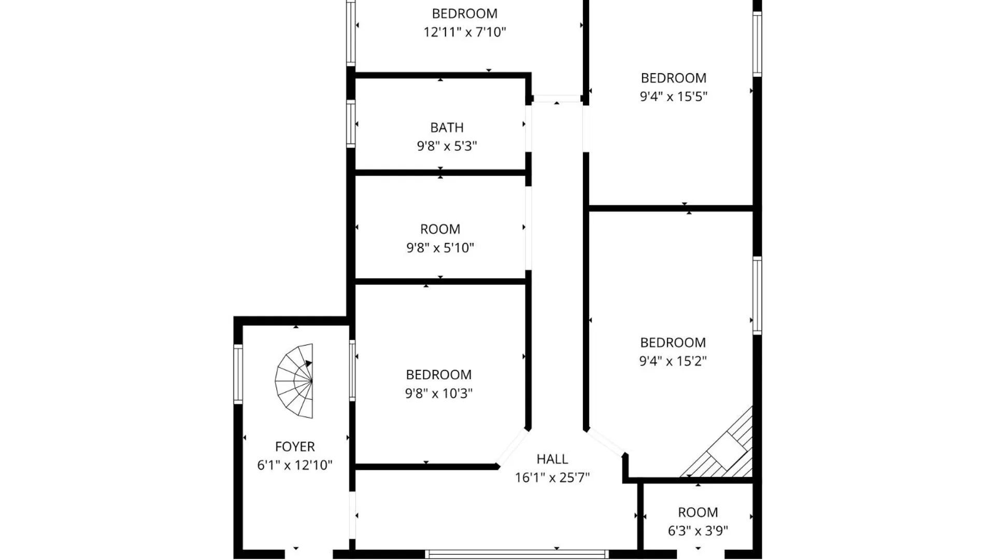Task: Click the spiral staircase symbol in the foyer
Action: tap(295, 381)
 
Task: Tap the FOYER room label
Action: tap(295, 446)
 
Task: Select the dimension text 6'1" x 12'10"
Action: tap(295, 465)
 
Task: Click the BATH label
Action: tap(447, 128)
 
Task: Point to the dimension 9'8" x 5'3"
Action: tap(447, 146)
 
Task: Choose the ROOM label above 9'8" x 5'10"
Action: tap(440, 229)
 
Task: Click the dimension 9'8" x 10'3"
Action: tap(438, 394)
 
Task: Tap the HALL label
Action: tap(552, 459)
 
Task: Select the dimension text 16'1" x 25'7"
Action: tap(552, 478)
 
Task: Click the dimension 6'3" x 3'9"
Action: tap(698, 531)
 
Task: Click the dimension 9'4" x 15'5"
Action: tap(673, 96)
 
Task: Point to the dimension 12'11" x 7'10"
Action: tap(464, 32)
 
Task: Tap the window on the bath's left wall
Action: tap(351, 124)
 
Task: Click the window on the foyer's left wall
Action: tap(238, 374)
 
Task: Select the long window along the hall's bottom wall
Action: tap(517, 554)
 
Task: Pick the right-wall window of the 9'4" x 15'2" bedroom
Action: tap(757, 296)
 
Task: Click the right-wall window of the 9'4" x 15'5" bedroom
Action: tap(757, 44)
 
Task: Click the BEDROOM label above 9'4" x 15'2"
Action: tap(673, 343)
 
